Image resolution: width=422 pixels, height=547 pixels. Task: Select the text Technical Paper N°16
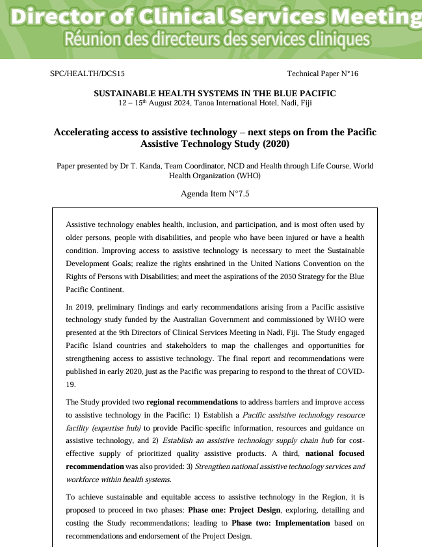[x=322, y=74]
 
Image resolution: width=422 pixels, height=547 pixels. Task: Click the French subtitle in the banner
[x=217, y=40]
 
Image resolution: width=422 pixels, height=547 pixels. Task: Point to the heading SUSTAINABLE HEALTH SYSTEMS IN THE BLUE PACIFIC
[x=215, y=93]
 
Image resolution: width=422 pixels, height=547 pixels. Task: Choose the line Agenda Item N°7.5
[x=215, y=194]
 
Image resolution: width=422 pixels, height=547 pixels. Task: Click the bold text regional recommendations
[x=192, y=402]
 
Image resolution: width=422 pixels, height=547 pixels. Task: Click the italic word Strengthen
[x=215, y=466]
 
